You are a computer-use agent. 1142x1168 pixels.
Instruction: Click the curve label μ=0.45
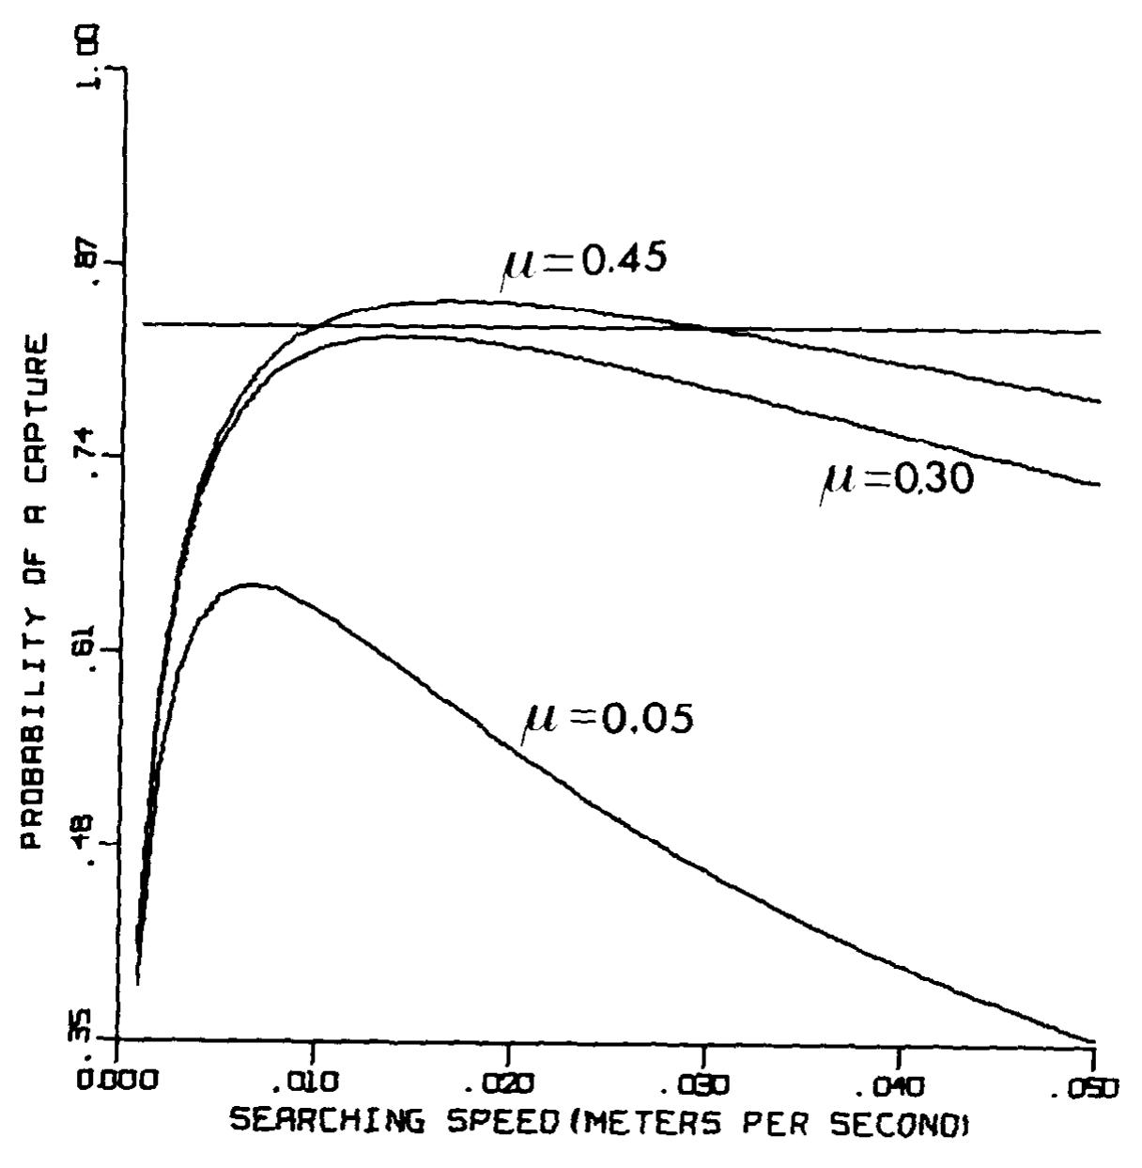(584, 260)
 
